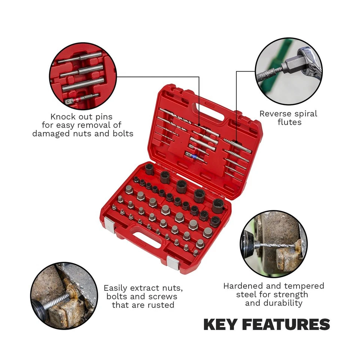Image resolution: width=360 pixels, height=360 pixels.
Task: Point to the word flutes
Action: coord(289,122)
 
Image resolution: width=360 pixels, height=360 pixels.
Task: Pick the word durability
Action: coord(274,303)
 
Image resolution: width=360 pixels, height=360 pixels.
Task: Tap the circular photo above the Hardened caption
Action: coord(273,243)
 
